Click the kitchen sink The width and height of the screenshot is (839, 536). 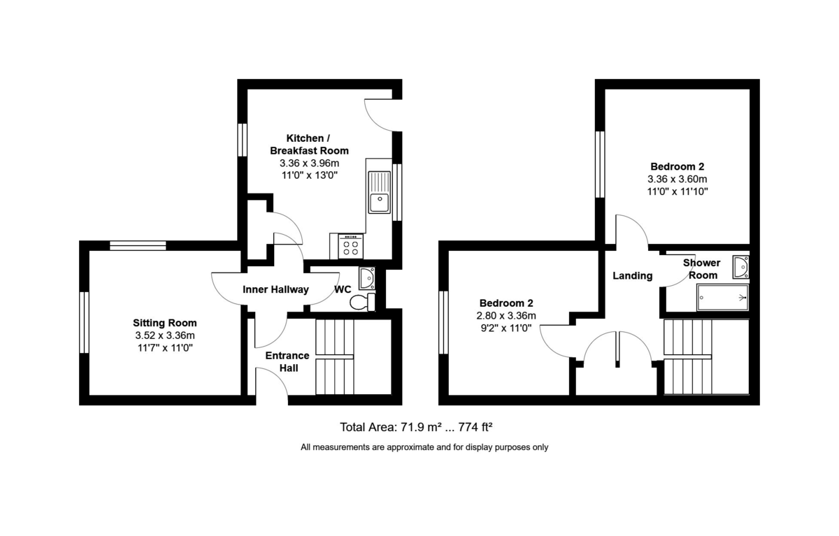(x=380, y=191)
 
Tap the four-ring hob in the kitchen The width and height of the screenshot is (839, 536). (x=351, y=245)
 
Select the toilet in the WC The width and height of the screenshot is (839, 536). (x=362, y=303)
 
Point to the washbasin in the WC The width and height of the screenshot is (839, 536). (x=367, y=279)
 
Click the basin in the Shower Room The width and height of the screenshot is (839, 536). (x=740, y=266)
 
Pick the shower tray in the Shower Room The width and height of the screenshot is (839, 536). (x=723, y=297)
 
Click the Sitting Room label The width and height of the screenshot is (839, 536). (x=165, y=323)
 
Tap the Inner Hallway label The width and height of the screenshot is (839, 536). (x=275, y=289)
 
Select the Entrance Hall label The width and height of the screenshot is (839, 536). (x=287, y=361)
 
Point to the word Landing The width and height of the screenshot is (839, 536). (x=632, y=275)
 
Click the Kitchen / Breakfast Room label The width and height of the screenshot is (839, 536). (x=309, y=144)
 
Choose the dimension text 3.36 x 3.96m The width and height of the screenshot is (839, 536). (x=309, y=164)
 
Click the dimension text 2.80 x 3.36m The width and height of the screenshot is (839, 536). (x=505, y=315)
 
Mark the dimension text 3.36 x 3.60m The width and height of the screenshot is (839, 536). (x=677, y=179)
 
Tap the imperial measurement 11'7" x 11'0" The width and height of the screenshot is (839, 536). (x=165, y=347)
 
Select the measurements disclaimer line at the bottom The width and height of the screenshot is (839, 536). (x=424, y=447)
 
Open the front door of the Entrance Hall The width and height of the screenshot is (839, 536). (x=271, y=386)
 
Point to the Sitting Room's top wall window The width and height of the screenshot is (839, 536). (x=138, y=245)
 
